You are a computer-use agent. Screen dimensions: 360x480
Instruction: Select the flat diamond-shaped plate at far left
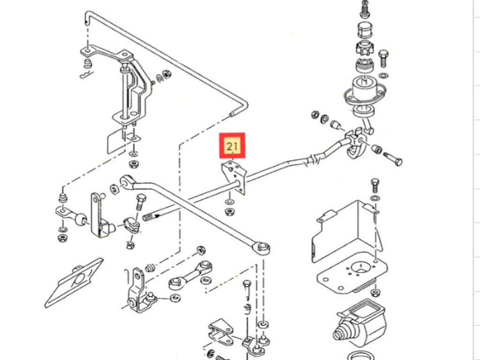click(75, 281)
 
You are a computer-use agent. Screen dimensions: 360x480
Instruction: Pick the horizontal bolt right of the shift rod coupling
click(393, 158)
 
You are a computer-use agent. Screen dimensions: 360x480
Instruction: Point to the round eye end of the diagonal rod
click(262, 247)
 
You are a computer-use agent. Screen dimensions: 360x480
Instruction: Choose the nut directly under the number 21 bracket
click(230, 212)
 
